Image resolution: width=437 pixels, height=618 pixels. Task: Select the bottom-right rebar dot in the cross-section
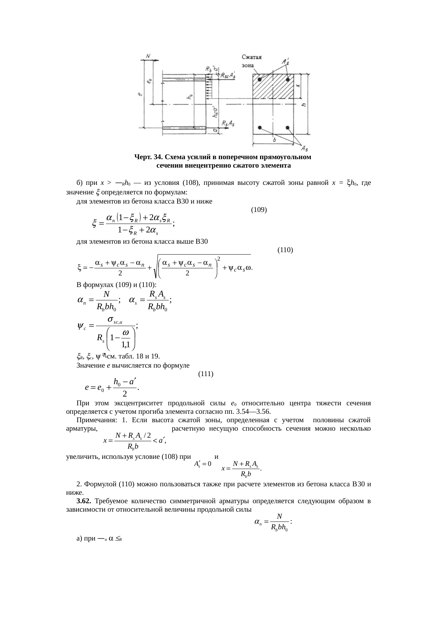[x=288, y=127]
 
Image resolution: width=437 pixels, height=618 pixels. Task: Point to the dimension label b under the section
[x=275, y=140]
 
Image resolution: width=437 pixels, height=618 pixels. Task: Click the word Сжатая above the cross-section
[x=254, y=57]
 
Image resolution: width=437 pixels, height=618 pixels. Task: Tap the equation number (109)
[x=259, y=210]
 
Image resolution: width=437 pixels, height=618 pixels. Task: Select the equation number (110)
[x=285, y=250]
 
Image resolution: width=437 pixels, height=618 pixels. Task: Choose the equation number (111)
[x=206, y=374]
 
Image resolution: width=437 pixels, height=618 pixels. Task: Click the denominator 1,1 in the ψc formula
[x=126, y=344]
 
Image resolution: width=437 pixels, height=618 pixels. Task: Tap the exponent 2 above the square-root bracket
[x=219, y=259]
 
